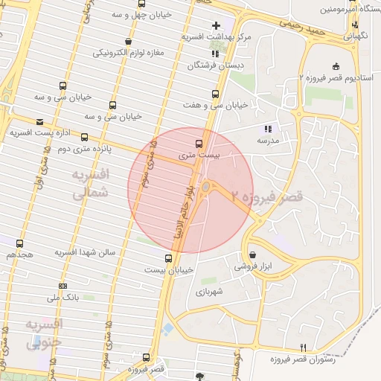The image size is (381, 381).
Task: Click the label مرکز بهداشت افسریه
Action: click(x=217, y=36)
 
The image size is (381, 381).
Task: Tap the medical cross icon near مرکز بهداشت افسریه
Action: click(x=216, y=25)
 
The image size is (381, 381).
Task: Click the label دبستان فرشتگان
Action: click(x=214, y=66)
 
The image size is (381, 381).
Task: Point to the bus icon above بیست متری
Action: click(x=199, y=143)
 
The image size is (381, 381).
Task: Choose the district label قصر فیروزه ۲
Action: click(x=267, y=197)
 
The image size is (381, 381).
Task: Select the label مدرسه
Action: click(x=268, y=140)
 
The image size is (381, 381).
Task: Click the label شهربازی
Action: click(x=214, y=294)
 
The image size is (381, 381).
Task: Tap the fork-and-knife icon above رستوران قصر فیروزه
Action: click(x=302, y=348)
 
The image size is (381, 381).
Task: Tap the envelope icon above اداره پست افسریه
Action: click(x=39, y=121)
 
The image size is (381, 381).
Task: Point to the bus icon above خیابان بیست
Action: click(x=168, y=259)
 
